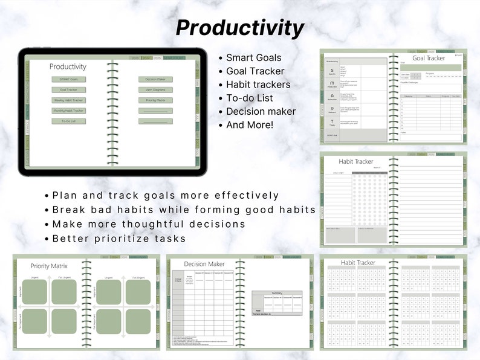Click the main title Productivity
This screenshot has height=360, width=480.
[x=240, y=27]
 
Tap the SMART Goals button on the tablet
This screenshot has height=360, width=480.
[x=68, y=79]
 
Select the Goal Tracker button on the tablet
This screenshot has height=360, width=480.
[x=68, y=89]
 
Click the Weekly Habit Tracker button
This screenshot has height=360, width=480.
[x=68, y=100]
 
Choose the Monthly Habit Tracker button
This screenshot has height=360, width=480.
[x=68, y=111]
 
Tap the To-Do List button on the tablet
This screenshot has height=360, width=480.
[x=68, y=121]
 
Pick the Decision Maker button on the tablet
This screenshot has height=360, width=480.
[x=155, y=79]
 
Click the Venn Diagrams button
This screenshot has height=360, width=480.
[x=155, y=89]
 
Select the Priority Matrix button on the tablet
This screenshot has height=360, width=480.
[x=155, y=100]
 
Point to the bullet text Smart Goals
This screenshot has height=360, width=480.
[x=253, y=58]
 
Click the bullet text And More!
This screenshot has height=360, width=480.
[x=250, y=125]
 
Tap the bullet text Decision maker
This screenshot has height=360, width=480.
[x=261, y=111]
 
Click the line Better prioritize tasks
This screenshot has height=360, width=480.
[x=119, y=239]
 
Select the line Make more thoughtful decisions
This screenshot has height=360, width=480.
[x=149, y=224]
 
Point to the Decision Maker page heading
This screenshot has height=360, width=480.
[x=204, y=264]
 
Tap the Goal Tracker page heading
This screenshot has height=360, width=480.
[x=429, y=58]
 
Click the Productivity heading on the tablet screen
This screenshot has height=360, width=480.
[x=68, y=66]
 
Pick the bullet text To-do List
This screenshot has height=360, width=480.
[x=249, y=98]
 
